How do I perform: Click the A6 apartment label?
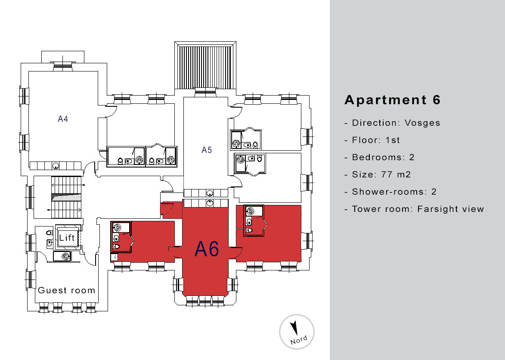[x=207, y=248]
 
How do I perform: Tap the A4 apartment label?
[x=63, y=119]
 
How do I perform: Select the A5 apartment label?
[x=207, y=150]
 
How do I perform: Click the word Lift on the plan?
[x=67, y=238]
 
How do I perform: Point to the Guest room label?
[x=67, y=290]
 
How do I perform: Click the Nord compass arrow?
[x=294, y=328]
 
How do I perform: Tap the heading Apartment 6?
[x=392, y=100]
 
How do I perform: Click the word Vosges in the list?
[x=422, y=123]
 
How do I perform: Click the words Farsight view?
[x=451, y=209]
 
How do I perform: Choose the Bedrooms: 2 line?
[x=379, y=157]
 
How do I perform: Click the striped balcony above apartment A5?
[x=205, y=67]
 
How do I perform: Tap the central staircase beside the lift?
[x=66, y=197]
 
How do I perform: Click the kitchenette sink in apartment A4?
[x=56, y=166]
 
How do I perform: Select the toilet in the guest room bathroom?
[x=49, y=233]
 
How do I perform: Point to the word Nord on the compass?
[x=298, y=340]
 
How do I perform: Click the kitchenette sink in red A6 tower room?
[x=210, y=203]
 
